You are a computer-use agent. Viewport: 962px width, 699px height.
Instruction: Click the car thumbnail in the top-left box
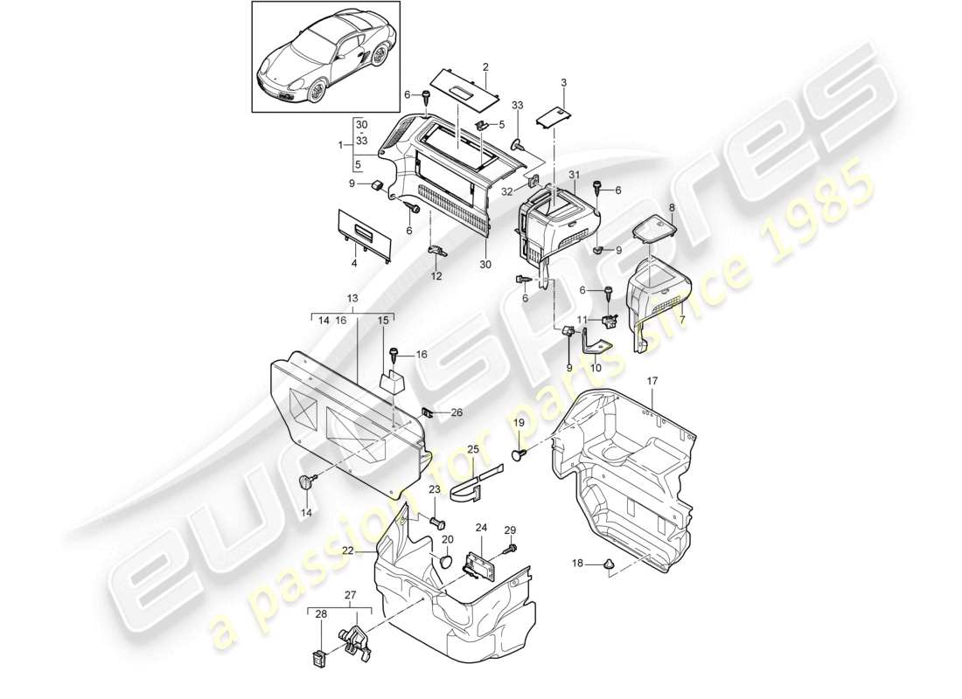325,57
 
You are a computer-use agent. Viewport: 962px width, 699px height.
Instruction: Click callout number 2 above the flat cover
484,66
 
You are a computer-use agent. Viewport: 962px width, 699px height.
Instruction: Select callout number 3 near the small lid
564,82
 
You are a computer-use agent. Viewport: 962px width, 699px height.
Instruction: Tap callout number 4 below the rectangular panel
353,263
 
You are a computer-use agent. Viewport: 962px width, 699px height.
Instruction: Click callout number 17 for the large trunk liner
652,382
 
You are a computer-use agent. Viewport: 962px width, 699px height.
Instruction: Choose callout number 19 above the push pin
518,423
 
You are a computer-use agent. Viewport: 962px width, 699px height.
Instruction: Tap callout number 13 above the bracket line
353,298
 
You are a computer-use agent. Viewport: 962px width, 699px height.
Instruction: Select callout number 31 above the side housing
575,176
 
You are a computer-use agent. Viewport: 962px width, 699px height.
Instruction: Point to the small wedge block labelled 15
392,383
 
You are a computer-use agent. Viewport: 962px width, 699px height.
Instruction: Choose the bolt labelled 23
438,523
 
